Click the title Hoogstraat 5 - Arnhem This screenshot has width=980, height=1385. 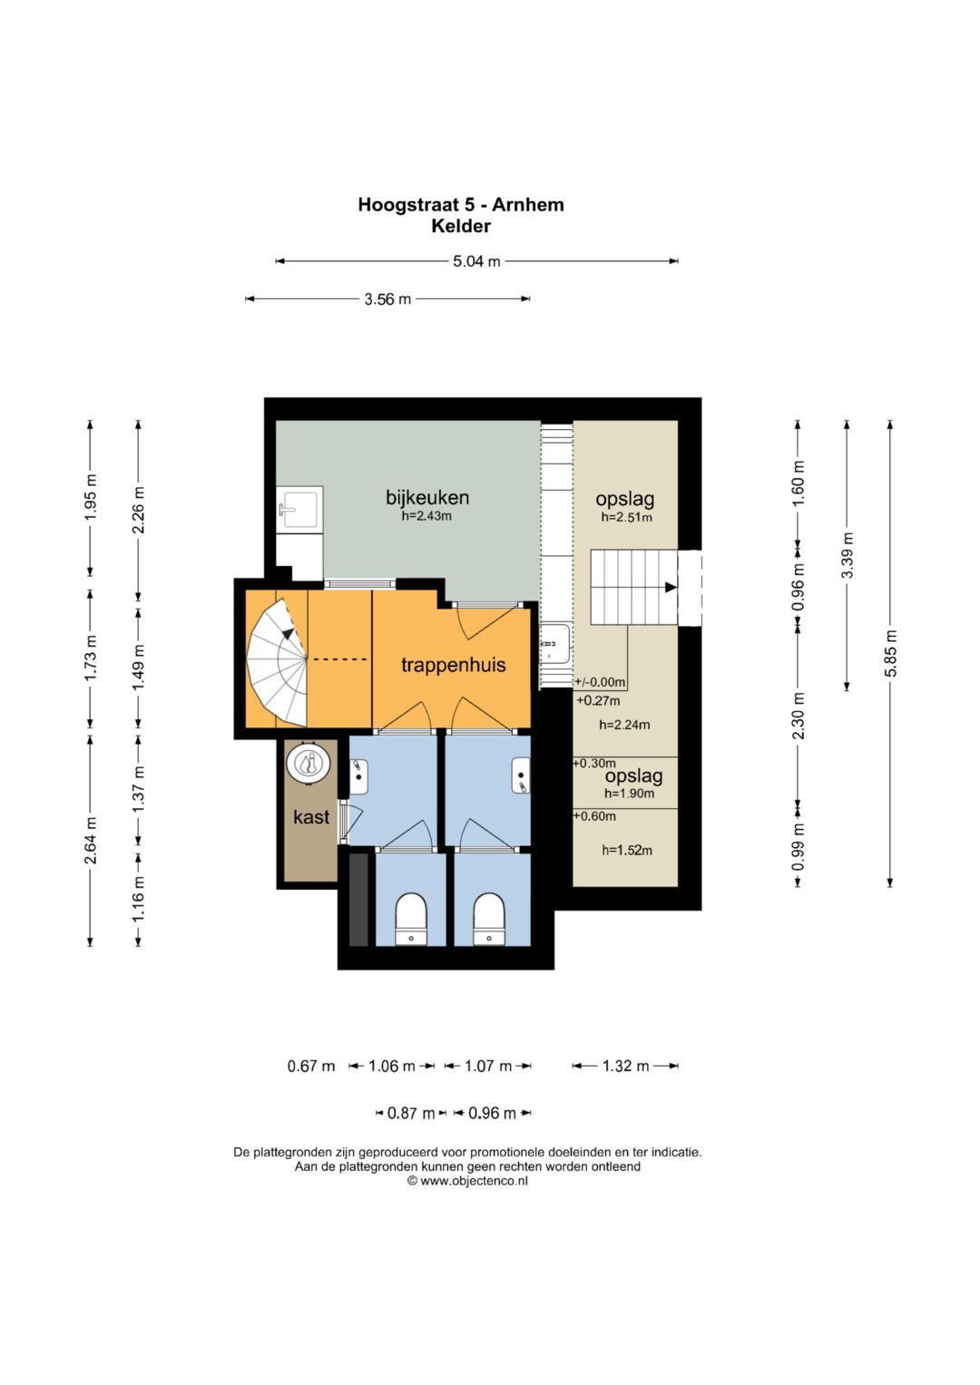[460, 205]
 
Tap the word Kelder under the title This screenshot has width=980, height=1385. [461, 227]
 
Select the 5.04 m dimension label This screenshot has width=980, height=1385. [476, 261]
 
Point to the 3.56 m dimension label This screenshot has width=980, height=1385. [387, 299]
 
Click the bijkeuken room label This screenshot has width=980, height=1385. [426, 497]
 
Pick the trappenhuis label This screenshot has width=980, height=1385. [454, 666]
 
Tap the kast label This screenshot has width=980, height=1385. [311, 817]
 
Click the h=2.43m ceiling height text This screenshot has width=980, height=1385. [426, 516]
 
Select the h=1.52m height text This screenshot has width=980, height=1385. [627, 850]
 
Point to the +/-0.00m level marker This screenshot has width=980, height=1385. [600, 682]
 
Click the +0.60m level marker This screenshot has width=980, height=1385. [594, 816]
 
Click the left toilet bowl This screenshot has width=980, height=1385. [411, 919]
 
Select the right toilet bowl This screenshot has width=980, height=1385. [489, 919]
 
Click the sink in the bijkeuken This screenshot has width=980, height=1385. [300, 510]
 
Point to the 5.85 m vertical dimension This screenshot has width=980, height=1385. [889, 654]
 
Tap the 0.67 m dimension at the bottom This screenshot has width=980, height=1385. [311, 1066]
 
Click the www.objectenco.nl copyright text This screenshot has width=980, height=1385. [467, 1180]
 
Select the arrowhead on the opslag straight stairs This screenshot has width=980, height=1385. [671, 587]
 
